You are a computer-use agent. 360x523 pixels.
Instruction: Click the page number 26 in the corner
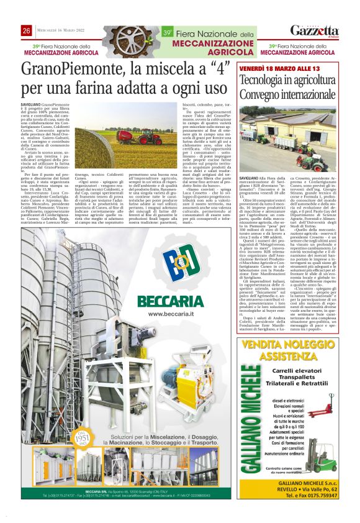(26, 31)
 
